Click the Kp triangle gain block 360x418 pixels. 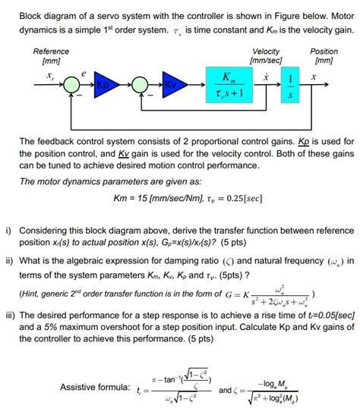point(102,81)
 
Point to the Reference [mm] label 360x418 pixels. point(52,55)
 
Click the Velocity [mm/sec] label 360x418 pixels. point(266,55)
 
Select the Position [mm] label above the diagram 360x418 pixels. point(324,55)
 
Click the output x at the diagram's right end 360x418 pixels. point(312,76)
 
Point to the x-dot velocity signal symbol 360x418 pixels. point(265,76)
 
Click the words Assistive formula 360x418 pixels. point(95,388)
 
